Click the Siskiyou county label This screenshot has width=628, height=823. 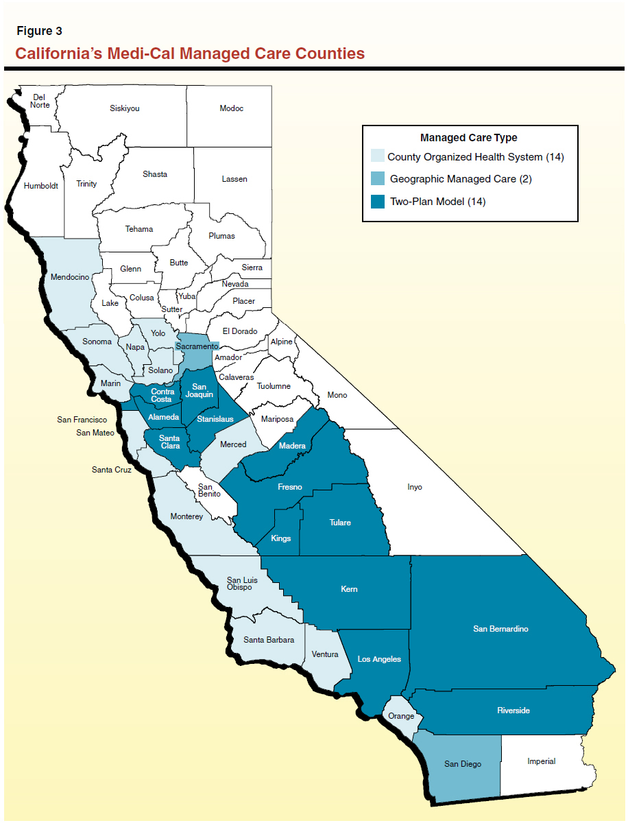click(125, 108)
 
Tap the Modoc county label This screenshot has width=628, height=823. click(231, 108)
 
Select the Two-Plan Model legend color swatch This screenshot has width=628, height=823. click(377, 202)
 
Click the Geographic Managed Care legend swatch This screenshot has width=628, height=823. click(377, 179)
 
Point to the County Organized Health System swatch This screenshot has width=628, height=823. click(377, 156)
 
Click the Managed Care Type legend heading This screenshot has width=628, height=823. click(468, 138)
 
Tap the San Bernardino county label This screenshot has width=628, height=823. click(500, 629)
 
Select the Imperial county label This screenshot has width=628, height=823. click(541, 761)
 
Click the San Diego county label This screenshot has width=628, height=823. click(462, 764)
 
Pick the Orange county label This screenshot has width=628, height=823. click(401, 716)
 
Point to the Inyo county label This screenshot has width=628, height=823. click(415, 487)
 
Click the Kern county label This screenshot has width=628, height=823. click(349, 589)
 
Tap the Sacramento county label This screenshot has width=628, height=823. click(197, 347)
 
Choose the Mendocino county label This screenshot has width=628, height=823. click(70, 278)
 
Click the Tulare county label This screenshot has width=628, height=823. click(340, 523)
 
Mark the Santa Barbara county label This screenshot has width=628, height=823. click(269, 640)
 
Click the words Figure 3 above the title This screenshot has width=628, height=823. click(40, 32)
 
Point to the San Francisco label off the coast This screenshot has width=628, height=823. click(82, 420)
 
